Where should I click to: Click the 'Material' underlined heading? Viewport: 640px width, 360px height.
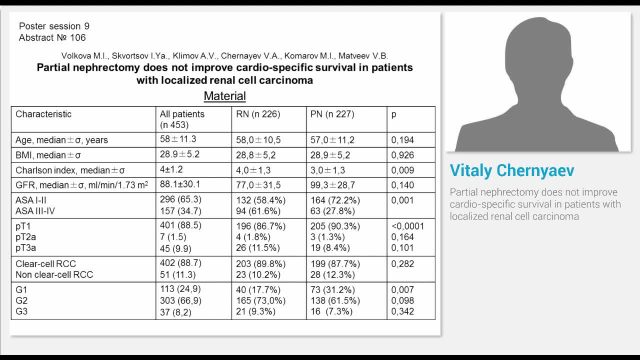pyautogui.click(x=224, y=96)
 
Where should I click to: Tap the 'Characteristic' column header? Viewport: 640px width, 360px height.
pyautogui.click(x=43, y=114)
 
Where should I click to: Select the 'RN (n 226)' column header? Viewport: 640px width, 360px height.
pyautogui.click(x=258, y=114)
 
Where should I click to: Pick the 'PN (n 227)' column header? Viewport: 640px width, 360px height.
pyautogui.click(x=332, y=114)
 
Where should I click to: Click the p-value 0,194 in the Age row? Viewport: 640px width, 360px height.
pyautogui.click(x=402, y=140)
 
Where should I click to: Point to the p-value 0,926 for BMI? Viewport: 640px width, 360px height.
pyautogui.click(x=402, y=155)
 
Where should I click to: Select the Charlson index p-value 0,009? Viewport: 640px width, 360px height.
pyautogui.click(x=402, y=170)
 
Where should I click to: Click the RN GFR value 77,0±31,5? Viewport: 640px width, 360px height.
pyautogui.click(x=258, y=185)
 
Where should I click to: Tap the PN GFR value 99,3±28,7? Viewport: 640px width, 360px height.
pyautogui.click(x=332, y=185)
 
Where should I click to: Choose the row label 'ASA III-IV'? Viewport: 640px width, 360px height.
pyautogui.click(x=35, y=211)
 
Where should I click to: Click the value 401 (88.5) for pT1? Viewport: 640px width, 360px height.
pyautogui.click(x=180, y=225)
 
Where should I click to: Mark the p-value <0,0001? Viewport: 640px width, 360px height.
pyautogui.click(x=407, y=226)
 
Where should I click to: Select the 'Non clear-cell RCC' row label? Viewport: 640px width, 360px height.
pyautogui.click(x=54, y=274)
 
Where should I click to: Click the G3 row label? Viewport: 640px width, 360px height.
pyautogui.click(x=21, y=311)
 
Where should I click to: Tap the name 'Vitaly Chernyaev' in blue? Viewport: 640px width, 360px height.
pyautogui.click(x=512, y=170)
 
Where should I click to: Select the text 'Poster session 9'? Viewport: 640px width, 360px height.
pyautogui.click(x=54, y=26)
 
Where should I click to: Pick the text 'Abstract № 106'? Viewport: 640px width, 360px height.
pyautogui.click(x=52, y=37)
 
